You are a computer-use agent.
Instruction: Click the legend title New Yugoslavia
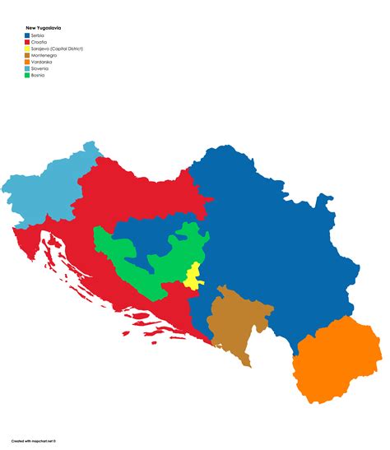pos(44,27)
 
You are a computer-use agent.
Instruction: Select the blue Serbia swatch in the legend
pos(27,35)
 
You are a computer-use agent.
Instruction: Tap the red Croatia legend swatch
pos(27,42)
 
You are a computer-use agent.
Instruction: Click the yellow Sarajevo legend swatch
pos(27,49)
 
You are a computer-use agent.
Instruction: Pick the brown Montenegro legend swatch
pos(27,55)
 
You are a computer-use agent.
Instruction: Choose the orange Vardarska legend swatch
pos(27,62)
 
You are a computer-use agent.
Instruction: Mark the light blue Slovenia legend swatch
pos(27,68)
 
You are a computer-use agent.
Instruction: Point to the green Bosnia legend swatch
pos(27,75)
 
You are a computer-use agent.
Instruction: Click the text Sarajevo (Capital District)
pos(58,49)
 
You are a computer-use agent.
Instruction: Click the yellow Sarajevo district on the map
pos(192,278)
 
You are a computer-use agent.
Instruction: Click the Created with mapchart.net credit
pos(36,441)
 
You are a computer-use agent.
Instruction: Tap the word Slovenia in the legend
pos(39,68)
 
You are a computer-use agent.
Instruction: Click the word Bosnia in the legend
pos(38,75)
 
